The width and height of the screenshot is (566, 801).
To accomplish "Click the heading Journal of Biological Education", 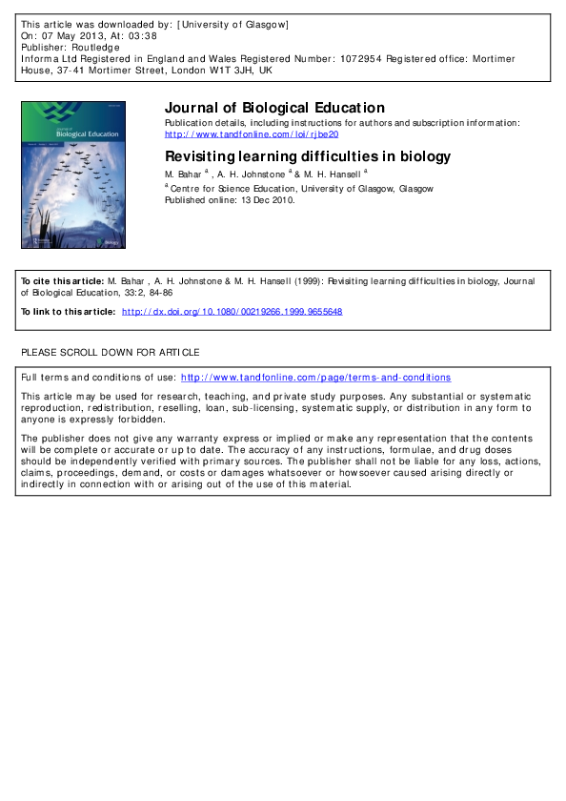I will pos(274,108).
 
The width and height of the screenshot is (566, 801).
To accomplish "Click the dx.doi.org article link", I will pos(232,312).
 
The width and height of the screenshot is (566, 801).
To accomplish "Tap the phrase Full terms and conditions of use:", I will pos(98,378).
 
